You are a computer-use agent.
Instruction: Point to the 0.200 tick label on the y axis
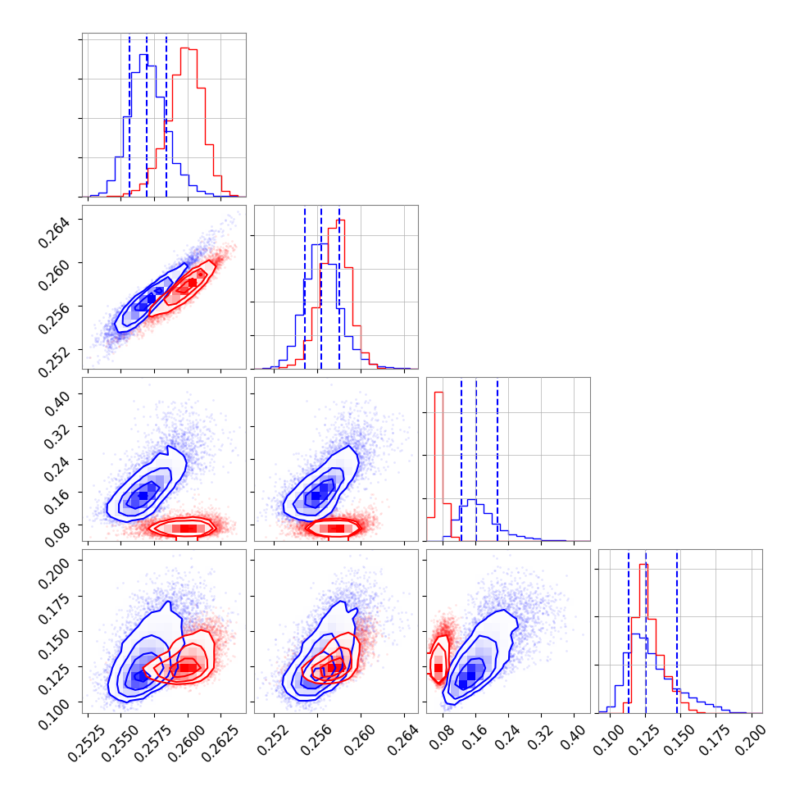pyautogui.click(x=59, y=566)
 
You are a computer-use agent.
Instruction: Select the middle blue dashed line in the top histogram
pyautogui.click(x=147, y=115)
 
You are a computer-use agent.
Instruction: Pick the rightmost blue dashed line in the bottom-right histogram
pyautogui.click(x=677, y=631)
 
